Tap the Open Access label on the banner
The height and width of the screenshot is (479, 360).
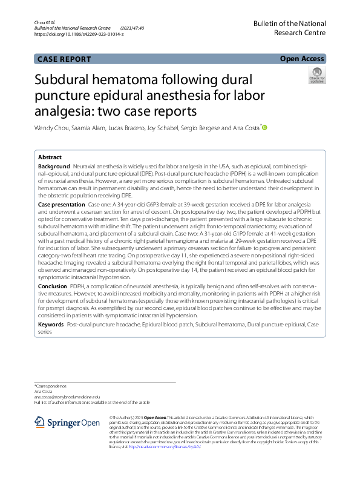[303, 59]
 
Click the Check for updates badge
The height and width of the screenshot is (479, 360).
[316, 76]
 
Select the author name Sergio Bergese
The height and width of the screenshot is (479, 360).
[203, 128]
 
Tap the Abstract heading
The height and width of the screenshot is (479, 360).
[50, 157]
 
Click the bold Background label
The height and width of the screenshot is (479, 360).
[54, 166]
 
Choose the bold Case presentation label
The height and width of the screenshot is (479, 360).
[62, 205]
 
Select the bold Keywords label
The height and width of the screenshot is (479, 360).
[51, 325]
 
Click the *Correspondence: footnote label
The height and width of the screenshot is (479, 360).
[51, 386]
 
